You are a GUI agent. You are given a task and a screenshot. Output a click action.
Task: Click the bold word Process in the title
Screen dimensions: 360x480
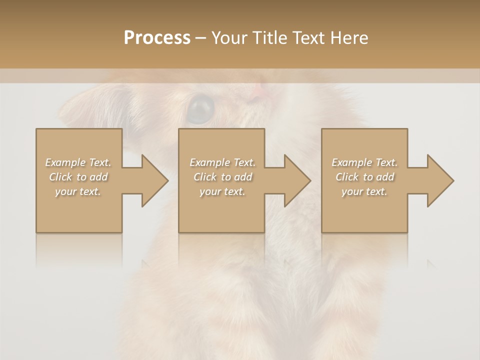click(157, 38)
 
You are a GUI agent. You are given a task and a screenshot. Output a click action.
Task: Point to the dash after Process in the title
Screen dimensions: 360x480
click(200, 38)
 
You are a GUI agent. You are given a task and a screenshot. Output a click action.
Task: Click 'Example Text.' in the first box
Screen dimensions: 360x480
click(78, 162)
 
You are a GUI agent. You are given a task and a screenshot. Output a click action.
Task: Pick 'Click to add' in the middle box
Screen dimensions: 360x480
click(222, 177)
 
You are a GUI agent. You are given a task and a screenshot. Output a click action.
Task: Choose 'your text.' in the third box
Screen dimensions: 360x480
click(364, 191)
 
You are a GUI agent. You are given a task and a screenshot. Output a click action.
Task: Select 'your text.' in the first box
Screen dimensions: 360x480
click(78, 191)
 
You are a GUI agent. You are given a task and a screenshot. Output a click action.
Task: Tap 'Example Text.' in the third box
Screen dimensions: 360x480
click(364, 162)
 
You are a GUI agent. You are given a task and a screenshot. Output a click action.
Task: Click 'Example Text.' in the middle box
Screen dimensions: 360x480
click(222, 162)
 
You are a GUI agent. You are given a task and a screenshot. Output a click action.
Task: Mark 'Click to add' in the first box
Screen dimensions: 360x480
click(78, 177)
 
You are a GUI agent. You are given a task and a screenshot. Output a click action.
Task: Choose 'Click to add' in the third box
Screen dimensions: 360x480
click(364, 177)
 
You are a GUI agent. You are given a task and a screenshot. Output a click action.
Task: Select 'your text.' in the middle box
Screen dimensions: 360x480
click(222, 191)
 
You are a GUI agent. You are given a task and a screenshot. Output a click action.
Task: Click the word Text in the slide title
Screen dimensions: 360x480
click(307, 38)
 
